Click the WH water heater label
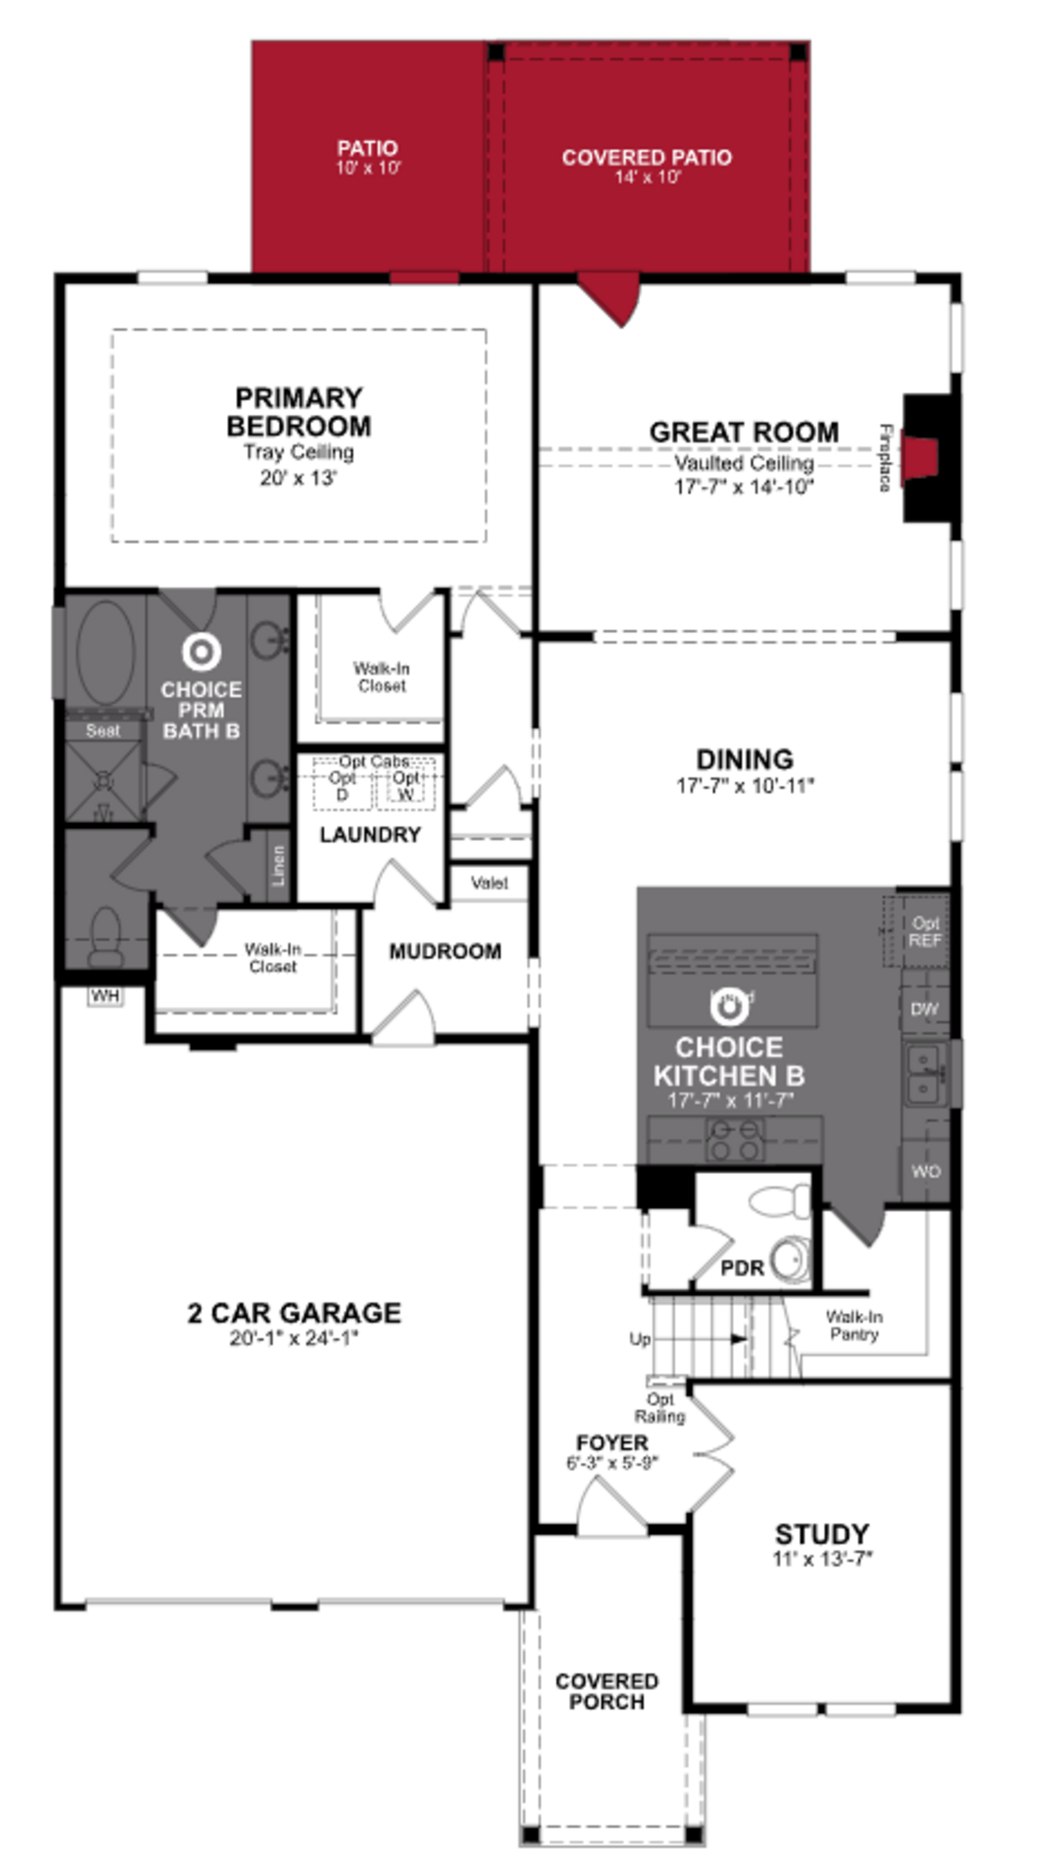tap(105, 997)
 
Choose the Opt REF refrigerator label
tap(924, 932)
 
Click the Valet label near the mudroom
tap(489, 883)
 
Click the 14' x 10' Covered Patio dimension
tap(647, 177)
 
